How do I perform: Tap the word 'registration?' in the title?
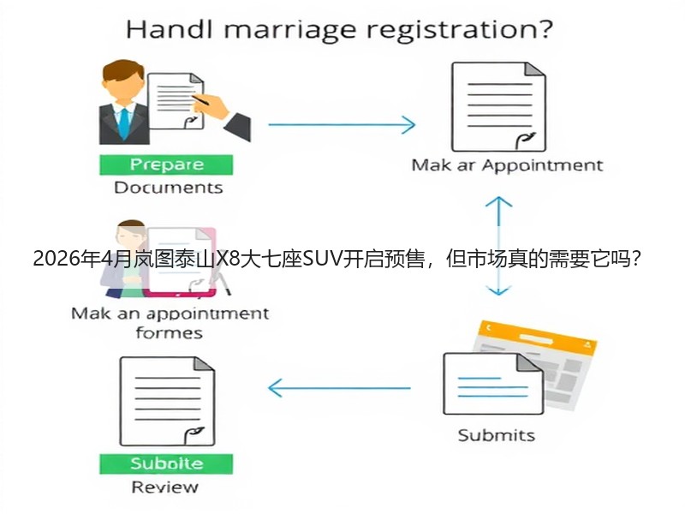tap(460, 30)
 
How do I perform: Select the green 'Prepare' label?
tap(166, 164)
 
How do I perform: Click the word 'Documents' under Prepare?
tap(168, 188)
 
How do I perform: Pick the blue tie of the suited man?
tap(124, 123)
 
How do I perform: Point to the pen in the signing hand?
tap(200, 100)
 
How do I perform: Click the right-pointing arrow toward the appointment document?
tap(342, 124)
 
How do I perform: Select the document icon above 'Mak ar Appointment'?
tap(498, 106)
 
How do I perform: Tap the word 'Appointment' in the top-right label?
tap(543, 165)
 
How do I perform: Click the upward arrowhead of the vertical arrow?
tap(498, 202)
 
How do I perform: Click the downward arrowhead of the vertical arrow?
tap(498, 290)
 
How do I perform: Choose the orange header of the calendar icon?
tap(538, 337)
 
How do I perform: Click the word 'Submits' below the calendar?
tap(497, 435)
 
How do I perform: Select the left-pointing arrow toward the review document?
tap(339, 388)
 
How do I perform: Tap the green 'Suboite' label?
tap(166, 463)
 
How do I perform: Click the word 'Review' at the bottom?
tap(164, 487)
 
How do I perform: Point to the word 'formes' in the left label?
tap(169, 333)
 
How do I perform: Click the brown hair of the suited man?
tap(122, 70)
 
